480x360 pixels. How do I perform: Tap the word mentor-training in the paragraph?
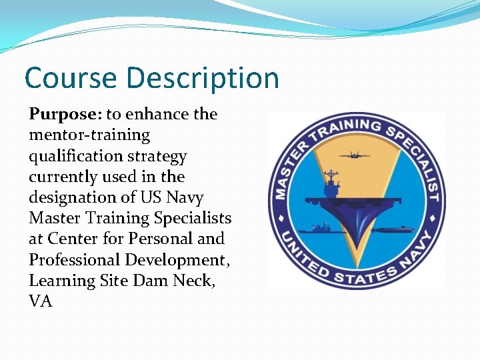(89, 135)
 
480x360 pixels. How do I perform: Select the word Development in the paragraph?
(179, 259)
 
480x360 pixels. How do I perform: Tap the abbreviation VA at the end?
(40, 301)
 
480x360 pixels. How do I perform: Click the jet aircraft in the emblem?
(355, 156)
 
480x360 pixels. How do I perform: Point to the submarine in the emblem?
(393, 230)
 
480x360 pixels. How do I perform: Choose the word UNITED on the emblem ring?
(297, 251)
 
